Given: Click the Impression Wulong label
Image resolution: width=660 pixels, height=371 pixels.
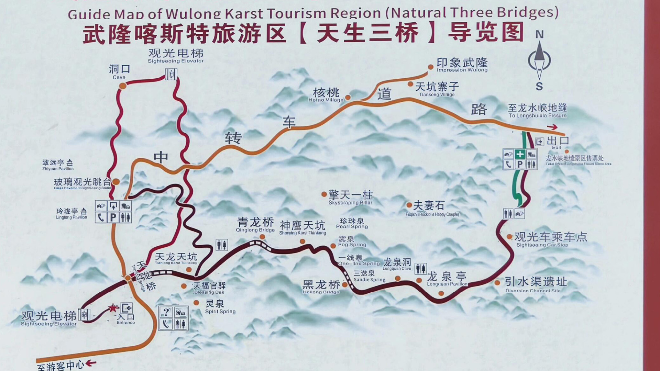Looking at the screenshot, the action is (x=462, y=65).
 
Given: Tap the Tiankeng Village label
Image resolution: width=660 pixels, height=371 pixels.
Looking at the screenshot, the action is (x=437, y=89).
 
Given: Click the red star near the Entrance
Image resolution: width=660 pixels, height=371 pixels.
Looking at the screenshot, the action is (x=113, y=308).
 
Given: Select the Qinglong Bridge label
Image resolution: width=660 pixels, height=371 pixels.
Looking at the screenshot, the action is (x=255, y=225).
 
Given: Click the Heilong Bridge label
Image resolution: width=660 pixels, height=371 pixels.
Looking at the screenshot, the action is (x=321, y=287).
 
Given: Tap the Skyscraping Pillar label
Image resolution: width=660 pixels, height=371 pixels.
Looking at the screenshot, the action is (x=350, y=198).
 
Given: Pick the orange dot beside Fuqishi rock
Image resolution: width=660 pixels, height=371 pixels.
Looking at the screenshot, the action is (x=409, y=205).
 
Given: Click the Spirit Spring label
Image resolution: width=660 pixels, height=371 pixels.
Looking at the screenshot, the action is (x=220, y=306).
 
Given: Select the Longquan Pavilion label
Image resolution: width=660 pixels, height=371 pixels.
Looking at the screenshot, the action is (x=447, y=279).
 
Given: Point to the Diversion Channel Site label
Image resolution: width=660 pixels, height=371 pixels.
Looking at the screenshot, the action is (x=535, y=285).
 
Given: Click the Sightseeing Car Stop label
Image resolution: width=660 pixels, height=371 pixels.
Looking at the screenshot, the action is (x=550, y=239).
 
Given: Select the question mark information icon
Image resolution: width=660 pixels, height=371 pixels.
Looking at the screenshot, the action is (x=166, y=312).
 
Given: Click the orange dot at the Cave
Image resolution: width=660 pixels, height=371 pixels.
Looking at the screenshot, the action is (x=122, y=86).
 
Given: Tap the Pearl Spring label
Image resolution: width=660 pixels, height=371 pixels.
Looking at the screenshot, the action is (x=352, y=223).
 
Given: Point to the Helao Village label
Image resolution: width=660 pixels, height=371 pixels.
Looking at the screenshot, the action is (x=326, y=95).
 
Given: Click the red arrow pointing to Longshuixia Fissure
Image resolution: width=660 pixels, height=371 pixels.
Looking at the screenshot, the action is (x=552, y=127).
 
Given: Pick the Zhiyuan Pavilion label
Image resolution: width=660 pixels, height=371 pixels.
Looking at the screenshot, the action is (x=58, y=165).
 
